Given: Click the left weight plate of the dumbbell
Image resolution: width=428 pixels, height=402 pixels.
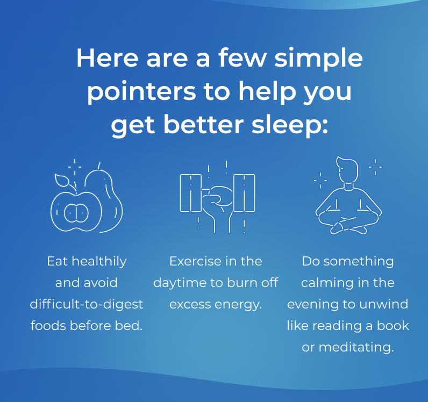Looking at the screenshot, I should coord(190,193).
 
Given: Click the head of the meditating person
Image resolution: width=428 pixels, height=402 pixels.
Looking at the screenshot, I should coord(347,171).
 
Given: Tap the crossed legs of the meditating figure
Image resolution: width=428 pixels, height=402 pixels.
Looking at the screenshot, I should coord(347,222).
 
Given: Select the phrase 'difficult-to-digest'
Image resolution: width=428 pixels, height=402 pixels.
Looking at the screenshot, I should coord(87,304).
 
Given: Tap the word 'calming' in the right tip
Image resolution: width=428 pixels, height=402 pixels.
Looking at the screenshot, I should coord(325,283).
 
